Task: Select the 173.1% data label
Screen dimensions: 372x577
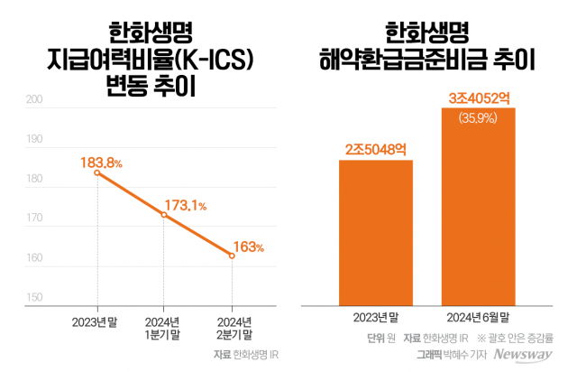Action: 184,206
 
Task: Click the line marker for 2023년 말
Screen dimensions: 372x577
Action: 96,172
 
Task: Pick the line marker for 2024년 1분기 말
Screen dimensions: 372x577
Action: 163,215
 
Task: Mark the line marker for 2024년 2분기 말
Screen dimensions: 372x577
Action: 232,256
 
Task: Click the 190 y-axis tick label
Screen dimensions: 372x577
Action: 34,140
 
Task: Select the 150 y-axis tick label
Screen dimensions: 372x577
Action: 34,297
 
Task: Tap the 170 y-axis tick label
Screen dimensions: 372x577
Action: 34,219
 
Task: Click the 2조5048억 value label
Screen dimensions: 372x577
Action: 375,148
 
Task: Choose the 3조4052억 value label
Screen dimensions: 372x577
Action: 478,96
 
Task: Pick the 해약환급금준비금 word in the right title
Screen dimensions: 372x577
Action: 407,61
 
